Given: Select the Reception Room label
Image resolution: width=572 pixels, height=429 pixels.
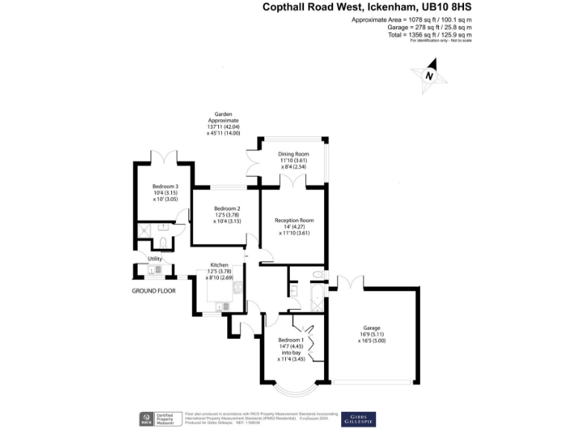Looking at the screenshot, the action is [x=294, y=220].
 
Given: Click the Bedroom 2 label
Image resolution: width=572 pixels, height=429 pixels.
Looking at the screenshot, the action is [x=227, y=209].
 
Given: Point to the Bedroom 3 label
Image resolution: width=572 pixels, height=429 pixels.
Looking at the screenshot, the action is [x=165, y=186].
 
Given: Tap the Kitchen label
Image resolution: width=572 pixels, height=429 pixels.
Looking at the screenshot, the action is [x=219, y=265].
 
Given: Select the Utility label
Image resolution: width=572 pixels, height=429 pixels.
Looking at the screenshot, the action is [x=155, y=258].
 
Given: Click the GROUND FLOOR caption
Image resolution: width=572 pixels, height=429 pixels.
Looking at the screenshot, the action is [x=153, y=290].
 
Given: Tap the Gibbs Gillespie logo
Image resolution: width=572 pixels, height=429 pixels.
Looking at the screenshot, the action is [x=358, y=419].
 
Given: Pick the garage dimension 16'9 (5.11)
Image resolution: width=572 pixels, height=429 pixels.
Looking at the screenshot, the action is [x=372, y=334].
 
